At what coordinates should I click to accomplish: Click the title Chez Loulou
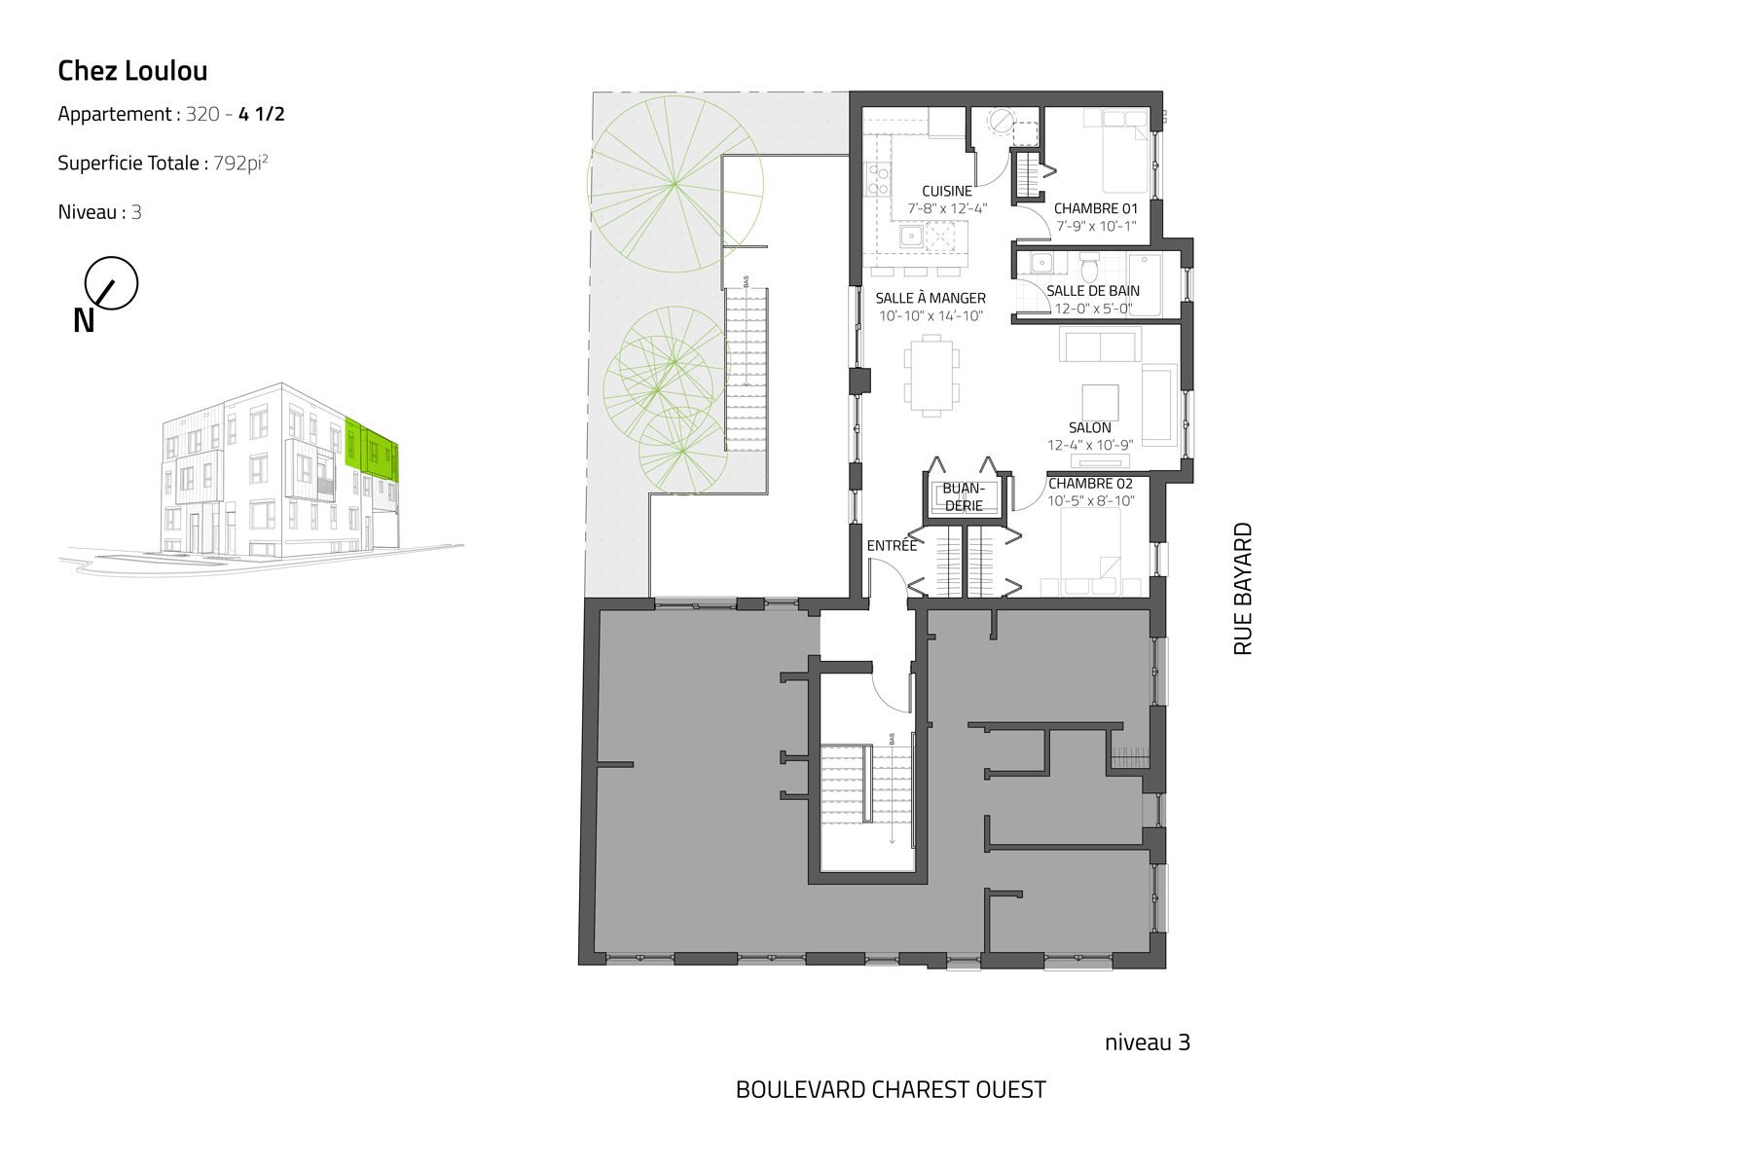tap(132, 70)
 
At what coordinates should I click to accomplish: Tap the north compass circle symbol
tap(111, 284)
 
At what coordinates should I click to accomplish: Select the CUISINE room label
tap(947, 191)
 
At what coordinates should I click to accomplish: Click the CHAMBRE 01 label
tap(1095, 208)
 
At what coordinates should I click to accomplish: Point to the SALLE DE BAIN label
tap(1093, 291)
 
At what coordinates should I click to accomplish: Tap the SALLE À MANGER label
tap(931, 298)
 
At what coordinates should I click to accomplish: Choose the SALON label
tap(1089, 427)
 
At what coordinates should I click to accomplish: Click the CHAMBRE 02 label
tap(1090, 484)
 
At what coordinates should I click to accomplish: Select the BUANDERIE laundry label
tap(964, 497)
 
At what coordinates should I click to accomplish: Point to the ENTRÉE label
tap(892, 545)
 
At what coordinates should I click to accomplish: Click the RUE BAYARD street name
tap(1243, 589)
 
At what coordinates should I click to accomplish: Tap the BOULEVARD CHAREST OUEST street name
tap(891, 1089)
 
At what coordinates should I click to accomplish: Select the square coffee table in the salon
tap(1100, 401)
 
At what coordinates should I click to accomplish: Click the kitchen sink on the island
tap(913, 237)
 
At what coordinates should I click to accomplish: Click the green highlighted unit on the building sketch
tap(373, 450)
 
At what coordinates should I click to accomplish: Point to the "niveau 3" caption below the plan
tap(1148, 1042)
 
